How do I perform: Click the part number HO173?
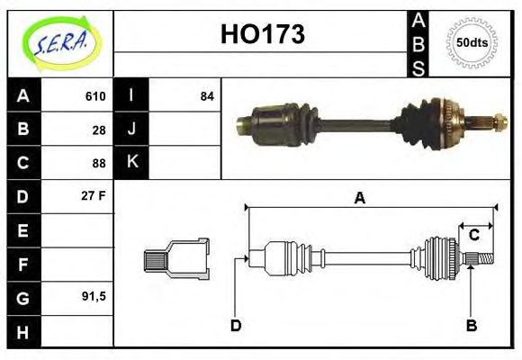[263, 35]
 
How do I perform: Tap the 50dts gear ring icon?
[472, 42]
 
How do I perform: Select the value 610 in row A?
[95, 96]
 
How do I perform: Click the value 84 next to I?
[207, 96]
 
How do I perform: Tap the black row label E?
[22, 230]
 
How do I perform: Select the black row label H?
[22, 331]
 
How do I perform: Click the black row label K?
[131, 163]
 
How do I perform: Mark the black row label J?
[131, 130]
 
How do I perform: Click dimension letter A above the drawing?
[360, 199]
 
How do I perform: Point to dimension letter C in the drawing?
[473, 236]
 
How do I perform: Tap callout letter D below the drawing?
[235, 325]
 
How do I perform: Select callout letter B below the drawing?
[471, 325]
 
